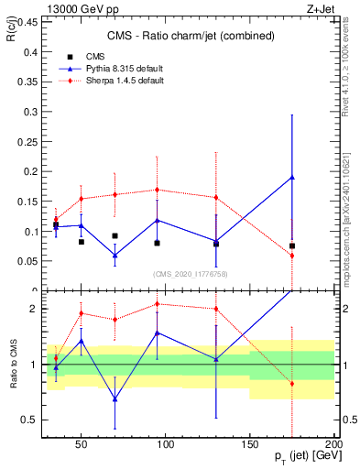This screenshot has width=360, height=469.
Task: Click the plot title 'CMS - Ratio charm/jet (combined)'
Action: tap(189, 37)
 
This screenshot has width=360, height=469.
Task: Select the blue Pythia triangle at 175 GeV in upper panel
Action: tap(292, 177)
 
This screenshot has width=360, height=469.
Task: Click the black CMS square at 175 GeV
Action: tap(292, 245)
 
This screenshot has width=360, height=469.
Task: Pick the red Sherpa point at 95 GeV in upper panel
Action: tap(157, 190)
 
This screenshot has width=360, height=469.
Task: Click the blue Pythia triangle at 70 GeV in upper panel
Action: tap(115, 255)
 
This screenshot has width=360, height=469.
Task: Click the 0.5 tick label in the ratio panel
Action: tap(29, 420)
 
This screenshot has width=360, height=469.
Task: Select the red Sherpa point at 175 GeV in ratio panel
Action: tap(292, 383)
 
